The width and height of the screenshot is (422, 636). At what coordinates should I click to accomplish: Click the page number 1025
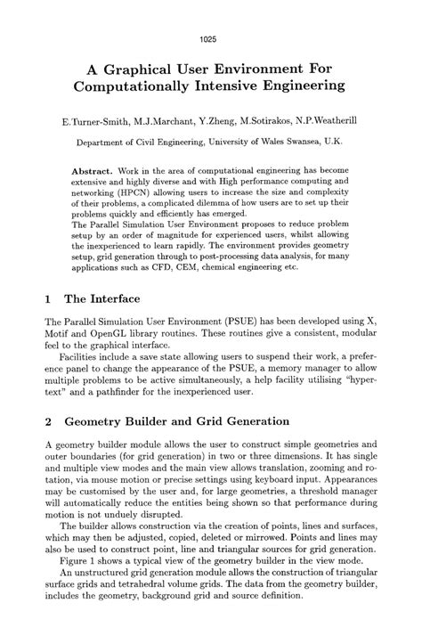[x=210, y=15]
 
